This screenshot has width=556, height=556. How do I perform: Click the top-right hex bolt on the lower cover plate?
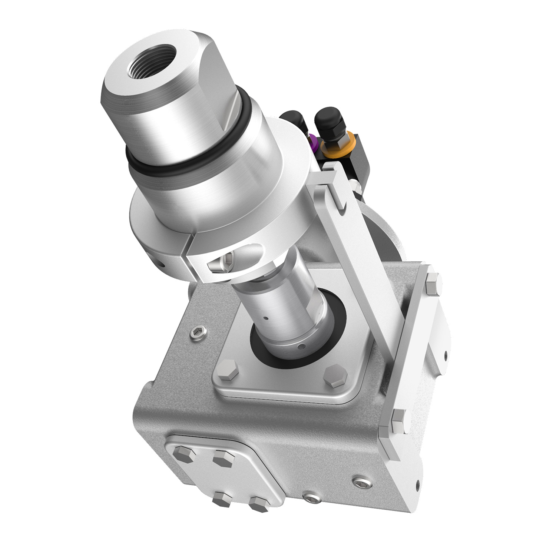[x=224, y=459]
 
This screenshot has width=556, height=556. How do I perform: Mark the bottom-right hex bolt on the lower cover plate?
[x=258, y=505]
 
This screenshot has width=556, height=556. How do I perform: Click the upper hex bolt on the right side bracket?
[x=432, y=284]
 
